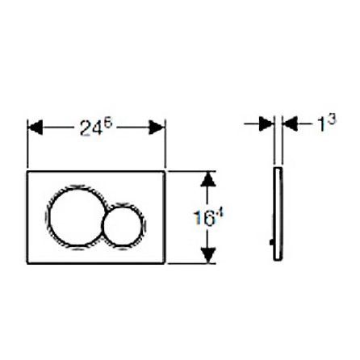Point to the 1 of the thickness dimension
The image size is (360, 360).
pos(322,125)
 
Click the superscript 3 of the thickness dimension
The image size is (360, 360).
pos(332,119)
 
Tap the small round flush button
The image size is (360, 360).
pos(125,225)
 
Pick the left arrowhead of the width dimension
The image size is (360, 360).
pos(36,127)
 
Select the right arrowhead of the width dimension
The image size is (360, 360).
pos(157,127)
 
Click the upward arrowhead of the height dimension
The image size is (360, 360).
pos(208,179)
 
